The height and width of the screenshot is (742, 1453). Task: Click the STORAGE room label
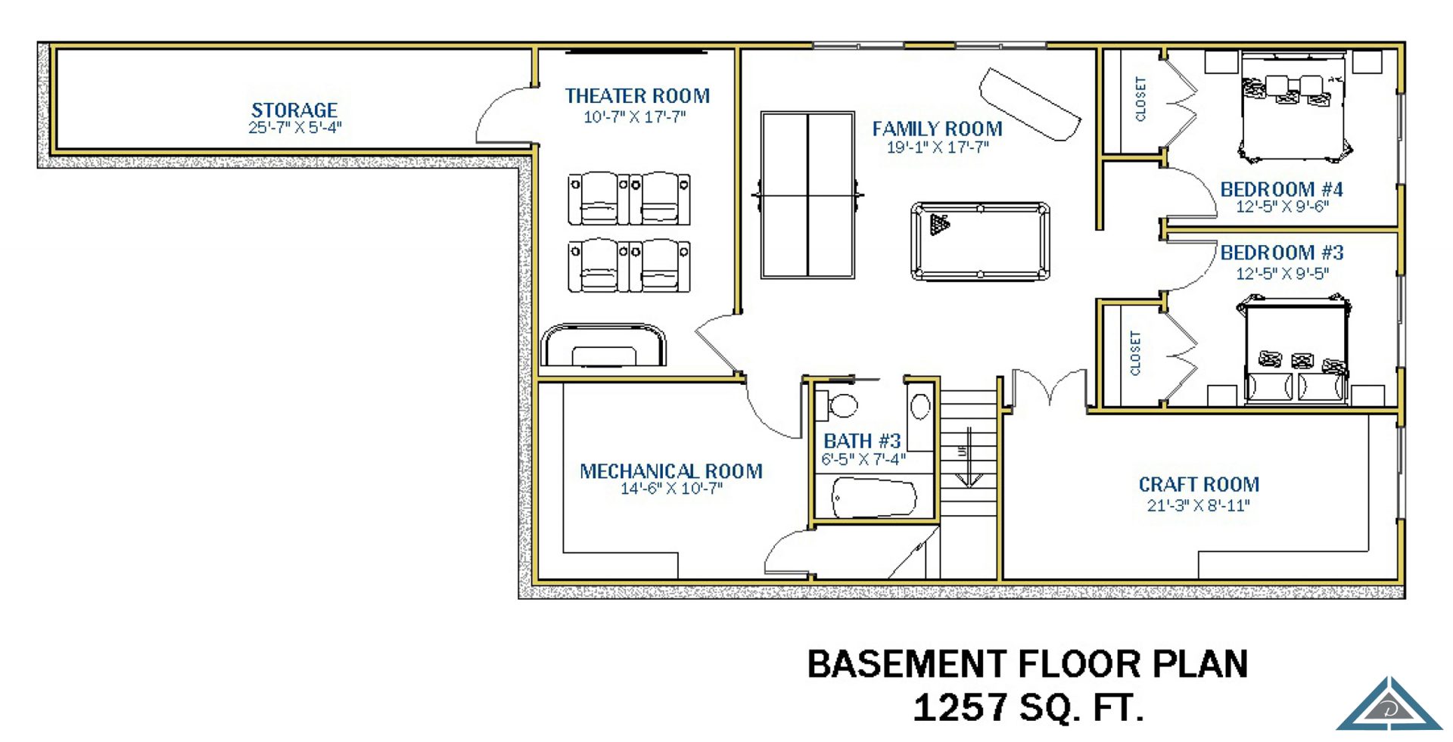[x=294, y=110]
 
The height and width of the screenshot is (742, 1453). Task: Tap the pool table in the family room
[x=980, y=241]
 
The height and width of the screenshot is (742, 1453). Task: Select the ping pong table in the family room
[x=807, y=195]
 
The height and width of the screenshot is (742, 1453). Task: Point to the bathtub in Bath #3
[x=874, y=498]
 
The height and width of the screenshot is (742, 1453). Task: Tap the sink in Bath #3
[x=920, y=407]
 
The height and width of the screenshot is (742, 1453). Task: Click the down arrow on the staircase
[x=969, y=457]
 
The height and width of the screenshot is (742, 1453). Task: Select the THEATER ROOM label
[x=637, y=96]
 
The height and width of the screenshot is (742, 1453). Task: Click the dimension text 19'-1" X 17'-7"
[x=938, y=147]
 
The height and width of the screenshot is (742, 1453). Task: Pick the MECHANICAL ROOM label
[x=671, y=471]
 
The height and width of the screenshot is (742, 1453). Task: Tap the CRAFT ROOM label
[x=1199, y=484]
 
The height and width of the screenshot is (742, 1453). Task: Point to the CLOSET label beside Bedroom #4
[x=1140, y=99]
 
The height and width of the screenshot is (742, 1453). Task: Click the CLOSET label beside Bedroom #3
[x=1135, y=353]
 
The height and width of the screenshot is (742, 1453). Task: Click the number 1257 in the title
[x=960, y=708]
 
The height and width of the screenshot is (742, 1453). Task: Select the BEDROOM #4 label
[x=1281, y=189]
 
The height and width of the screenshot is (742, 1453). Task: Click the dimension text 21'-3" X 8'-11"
[x=1198, y=505]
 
